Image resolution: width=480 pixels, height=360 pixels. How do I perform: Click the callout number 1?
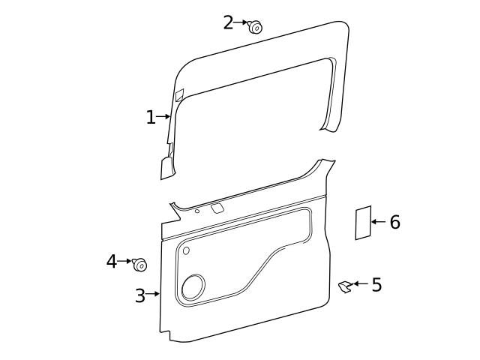151,118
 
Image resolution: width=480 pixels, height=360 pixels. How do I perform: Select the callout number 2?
228,23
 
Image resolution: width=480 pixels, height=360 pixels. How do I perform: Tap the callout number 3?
139,295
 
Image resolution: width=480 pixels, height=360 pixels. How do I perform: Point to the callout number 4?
111,262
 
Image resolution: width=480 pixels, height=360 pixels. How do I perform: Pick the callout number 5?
376,285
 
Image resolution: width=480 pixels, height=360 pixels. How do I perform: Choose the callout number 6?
394,223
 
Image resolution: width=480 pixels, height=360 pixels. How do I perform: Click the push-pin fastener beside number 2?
255,27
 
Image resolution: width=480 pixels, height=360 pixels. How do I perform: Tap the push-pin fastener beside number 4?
139,264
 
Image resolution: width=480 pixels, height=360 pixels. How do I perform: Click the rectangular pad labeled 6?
364,223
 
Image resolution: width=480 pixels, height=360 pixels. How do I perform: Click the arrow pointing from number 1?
164,117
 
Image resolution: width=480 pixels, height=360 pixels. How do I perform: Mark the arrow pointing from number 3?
154,294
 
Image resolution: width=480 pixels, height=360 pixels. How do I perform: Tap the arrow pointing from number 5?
361,283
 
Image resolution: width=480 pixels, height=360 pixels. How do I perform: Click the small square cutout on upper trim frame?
179,95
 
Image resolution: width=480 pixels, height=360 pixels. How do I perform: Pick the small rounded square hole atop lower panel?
217,208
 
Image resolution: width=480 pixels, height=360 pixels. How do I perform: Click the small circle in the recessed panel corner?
186,250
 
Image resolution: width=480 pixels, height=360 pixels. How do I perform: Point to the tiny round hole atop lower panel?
197,211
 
